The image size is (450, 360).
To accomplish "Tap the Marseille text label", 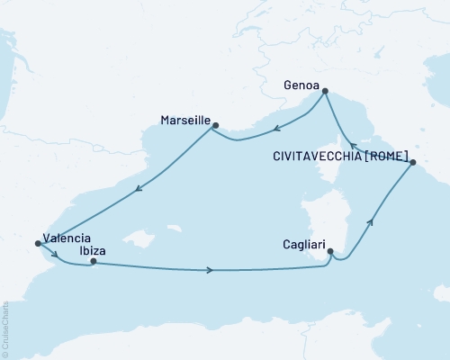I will pyautogui.click(x=184, y=119).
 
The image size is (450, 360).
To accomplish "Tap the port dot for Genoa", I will pyautogui.click(x=326, y=90).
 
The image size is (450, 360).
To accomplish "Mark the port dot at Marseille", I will pyautogui.click(x=215, y=126).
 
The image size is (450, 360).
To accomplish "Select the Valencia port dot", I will pyautogui.click(x=37, y=242).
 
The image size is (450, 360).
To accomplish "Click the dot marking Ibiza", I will pyautogui.click(x=94, y=261).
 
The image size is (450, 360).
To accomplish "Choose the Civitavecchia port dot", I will pyautogui.click(x=413, y=163).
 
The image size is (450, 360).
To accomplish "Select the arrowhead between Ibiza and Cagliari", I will pyautogui.click(x=210, y=270).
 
